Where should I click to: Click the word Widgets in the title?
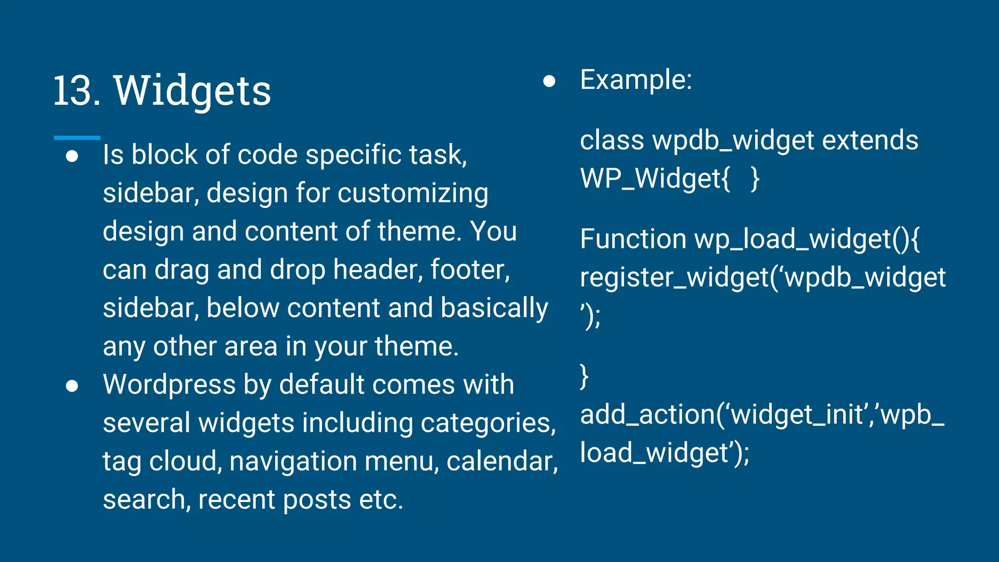(192, 91)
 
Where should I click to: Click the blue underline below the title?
(77, 138)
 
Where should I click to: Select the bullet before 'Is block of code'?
(72, 156)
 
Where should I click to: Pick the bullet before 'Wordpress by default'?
(72, 386)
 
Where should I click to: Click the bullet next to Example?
(549, 81)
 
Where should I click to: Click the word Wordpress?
(169, 384)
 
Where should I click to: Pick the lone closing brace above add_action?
(584, 377)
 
